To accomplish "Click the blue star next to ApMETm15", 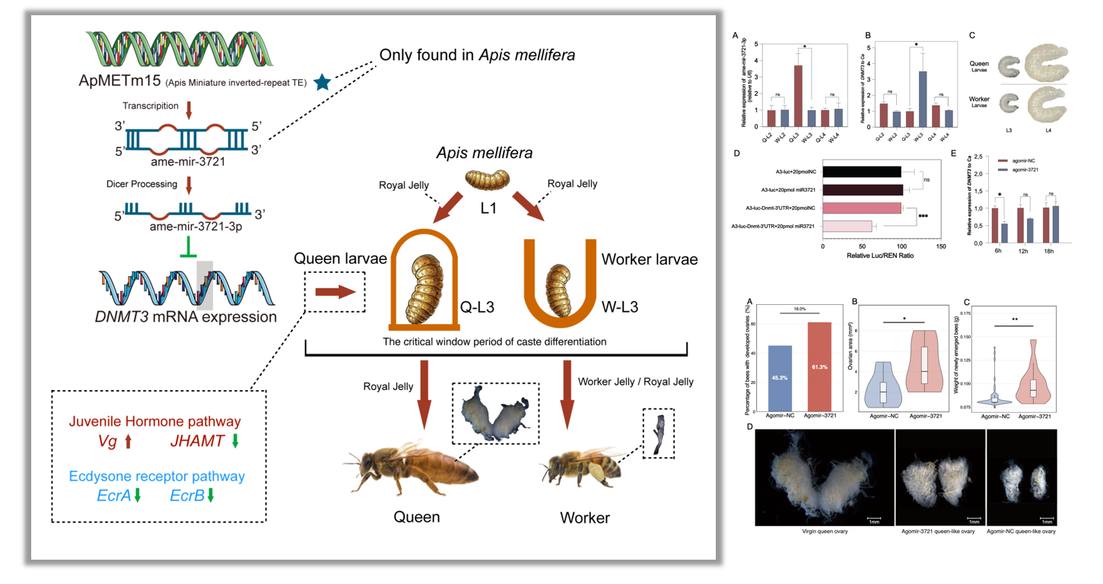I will [x=323, y=83].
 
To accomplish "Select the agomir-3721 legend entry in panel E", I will [x=1023, y=169].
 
